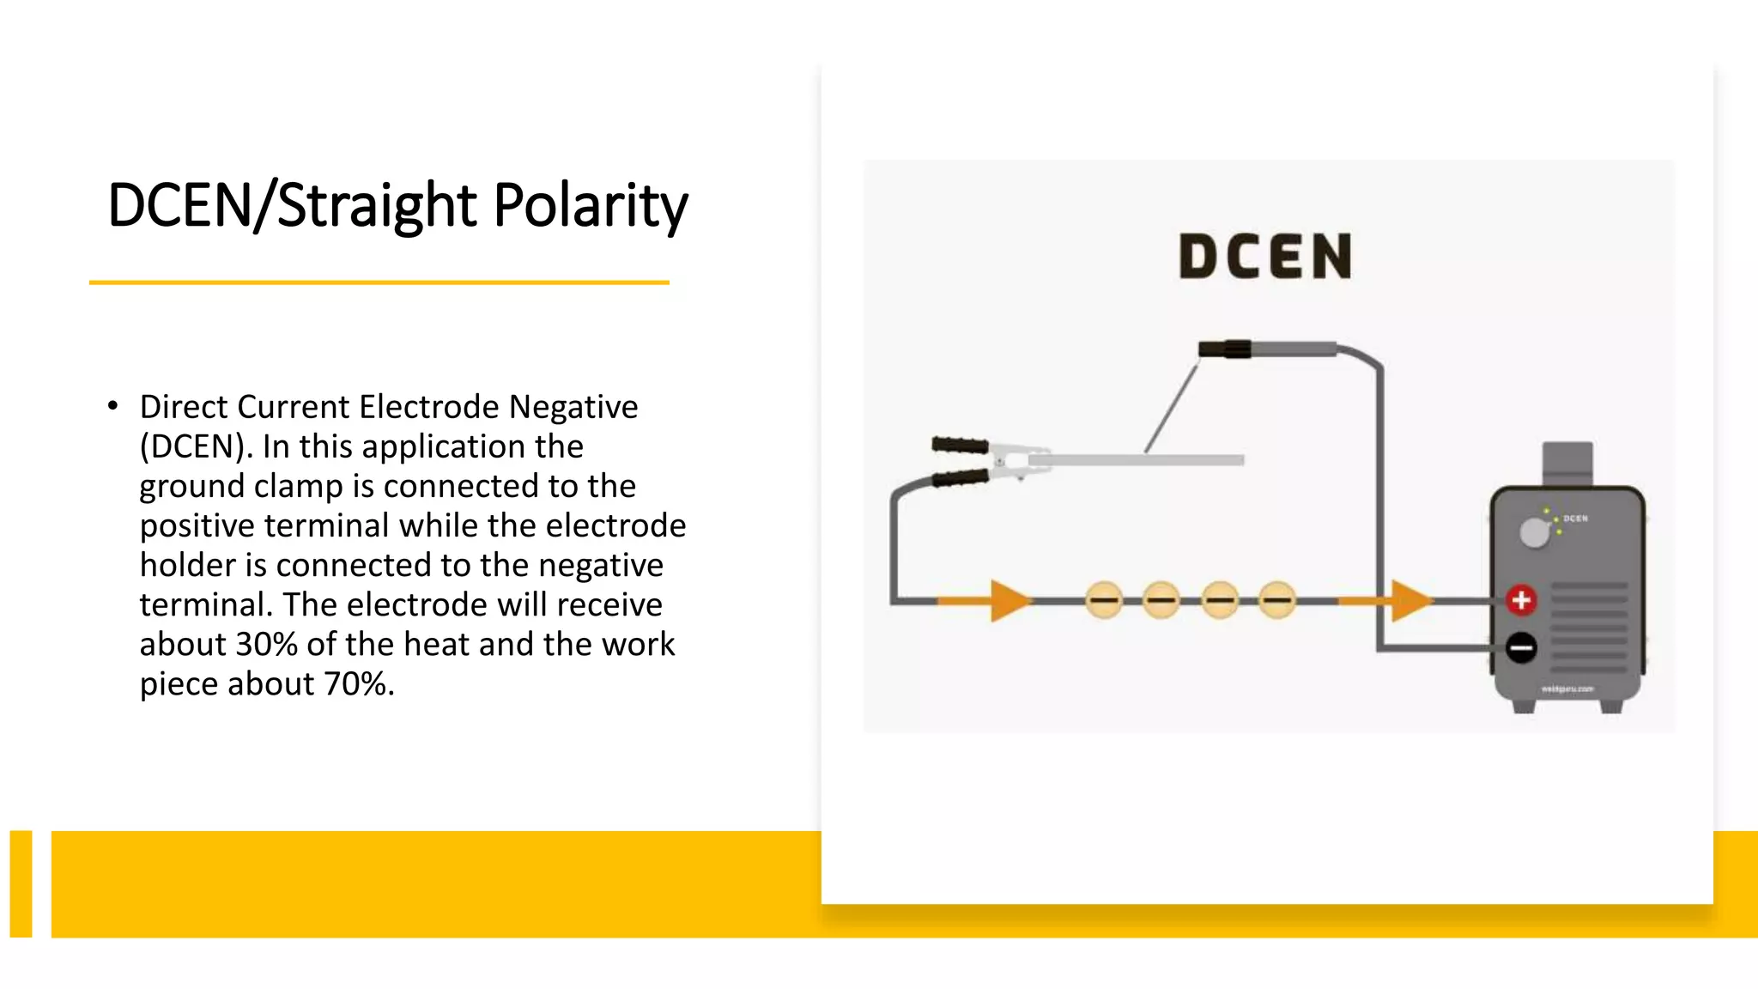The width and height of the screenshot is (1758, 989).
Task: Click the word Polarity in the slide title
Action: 591,206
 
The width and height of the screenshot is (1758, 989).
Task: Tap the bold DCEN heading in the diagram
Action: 1265,257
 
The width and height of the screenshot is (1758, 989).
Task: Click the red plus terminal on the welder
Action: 1521,600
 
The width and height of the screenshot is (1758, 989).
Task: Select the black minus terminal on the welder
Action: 1521,647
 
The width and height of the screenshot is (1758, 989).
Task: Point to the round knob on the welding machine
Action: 1534,533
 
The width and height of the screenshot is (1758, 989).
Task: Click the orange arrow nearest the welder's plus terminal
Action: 1408,600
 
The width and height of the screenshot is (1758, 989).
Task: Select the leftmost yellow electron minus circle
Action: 1104,600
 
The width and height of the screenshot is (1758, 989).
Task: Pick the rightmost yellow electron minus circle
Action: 1277,600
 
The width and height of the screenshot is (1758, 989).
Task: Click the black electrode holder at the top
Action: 1225,349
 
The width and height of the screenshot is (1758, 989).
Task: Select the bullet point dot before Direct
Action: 113,405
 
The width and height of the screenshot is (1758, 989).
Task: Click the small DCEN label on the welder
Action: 1575,519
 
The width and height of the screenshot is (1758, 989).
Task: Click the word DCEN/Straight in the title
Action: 293,206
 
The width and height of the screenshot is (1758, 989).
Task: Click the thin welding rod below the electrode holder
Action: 1172,408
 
